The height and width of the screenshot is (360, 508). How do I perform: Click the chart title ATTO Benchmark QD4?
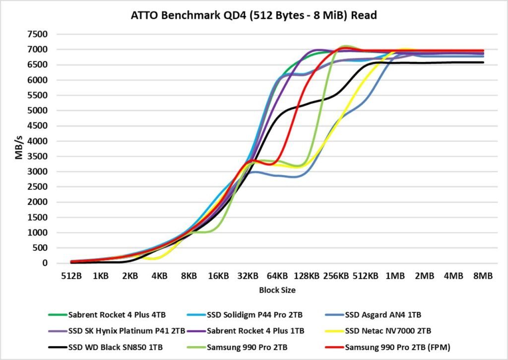click(x=254, y=15)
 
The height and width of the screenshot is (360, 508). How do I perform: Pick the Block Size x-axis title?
click(x=277, y=291)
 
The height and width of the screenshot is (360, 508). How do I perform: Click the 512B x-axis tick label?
click(x=71, y=276)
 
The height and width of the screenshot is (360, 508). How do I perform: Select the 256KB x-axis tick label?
click(x=336, y=276)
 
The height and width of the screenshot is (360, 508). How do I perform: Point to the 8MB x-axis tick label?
click(x=483, y=276)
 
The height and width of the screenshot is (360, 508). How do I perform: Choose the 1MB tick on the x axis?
click(x=395, y=276)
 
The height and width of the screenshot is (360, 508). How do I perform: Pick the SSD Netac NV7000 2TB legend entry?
click(x=390, y=331)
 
